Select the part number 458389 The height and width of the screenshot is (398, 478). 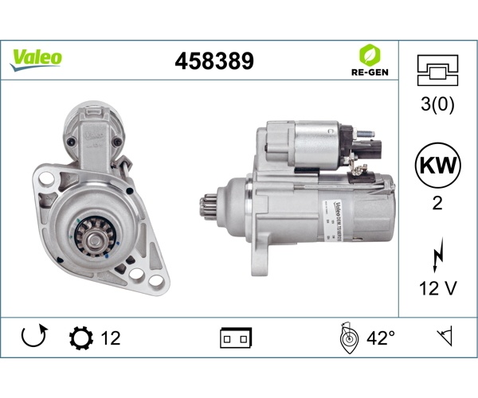[214, 60]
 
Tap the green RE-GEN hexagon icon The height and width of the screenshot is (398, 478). [369, 54]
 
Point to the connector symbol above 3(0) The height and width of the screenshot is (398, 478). [437, 70]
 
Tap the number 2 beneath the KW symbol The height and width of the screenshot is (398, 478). [437, 203]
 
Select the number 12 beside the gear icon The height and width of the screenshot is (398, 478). [111, 338]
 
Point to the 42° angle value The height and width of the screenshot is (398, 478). [381, 338]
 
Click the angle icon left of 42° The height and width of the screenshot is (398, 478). [347, 338]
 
